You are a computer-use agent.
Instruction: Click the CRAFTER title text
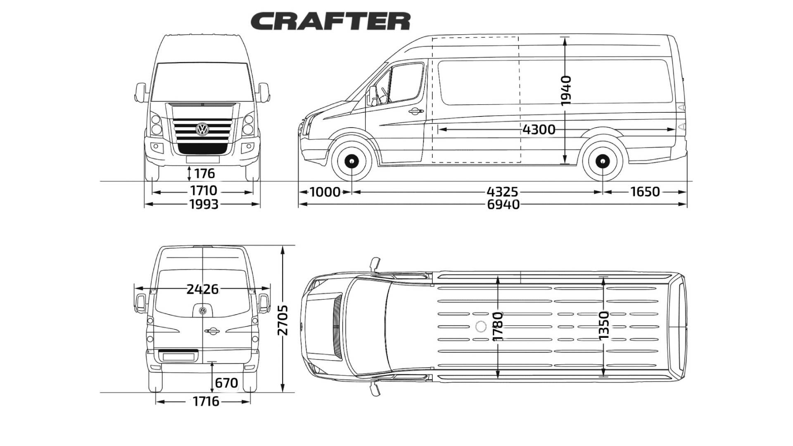330,21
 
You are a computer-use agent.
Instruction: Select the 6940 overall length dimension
503,204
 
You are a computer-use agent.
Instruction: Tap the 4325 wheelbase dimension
502,192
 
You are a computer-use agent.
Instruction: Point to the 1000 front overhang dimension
325,192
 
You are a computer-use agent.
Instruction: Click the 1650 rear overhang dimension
645,192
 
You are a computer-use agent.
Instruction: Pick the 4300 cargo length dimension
539,130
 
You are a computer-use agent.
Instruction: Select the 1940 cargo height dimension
566,90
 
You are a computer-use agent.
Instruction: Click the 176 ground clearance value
204,173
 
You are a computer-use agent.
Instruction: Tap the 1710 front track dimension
204,191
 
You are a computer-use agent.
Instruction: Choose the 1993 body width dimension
204,204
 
